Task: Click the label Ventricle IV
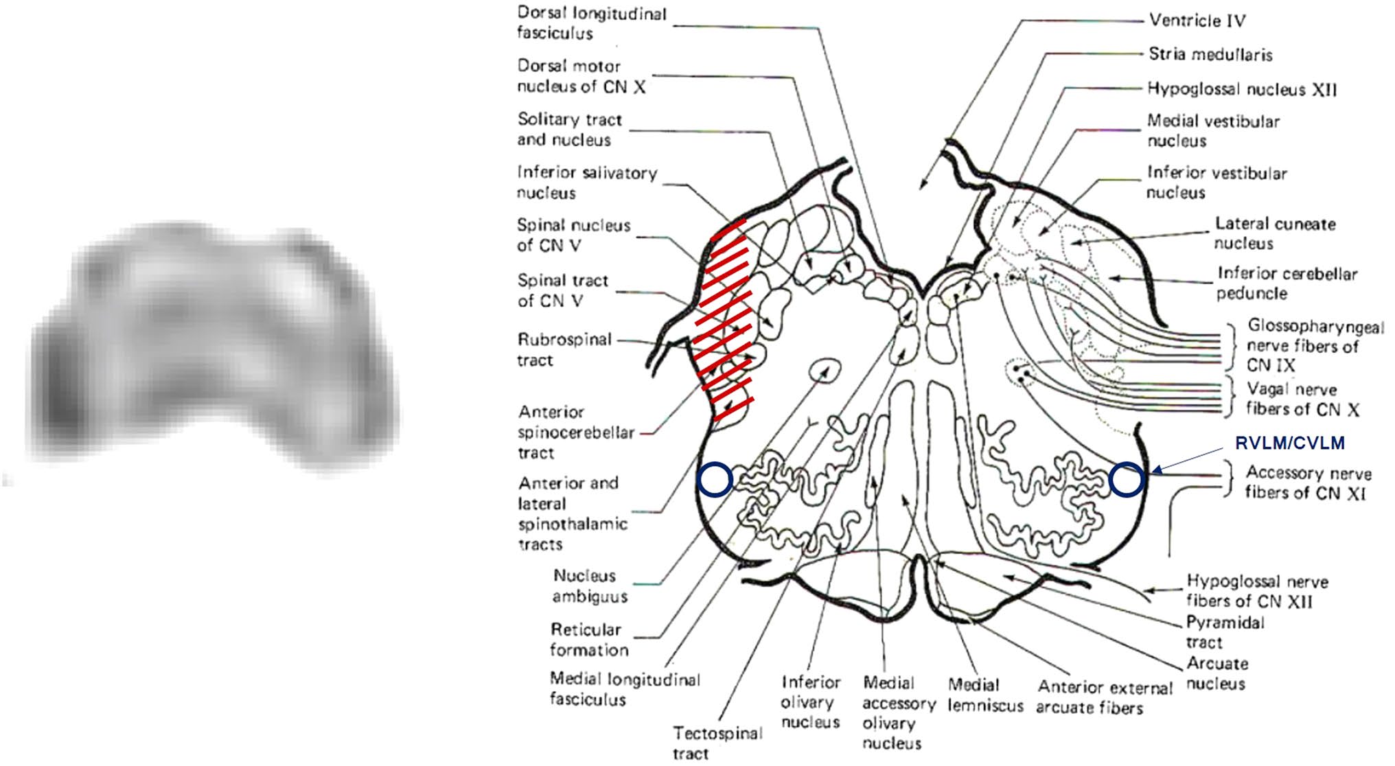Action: click(x=1197, y=21)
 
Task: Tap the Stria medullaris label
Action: click(x=1210, y=55)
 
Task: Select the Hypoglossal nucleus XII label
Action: click(x=1242, y=89)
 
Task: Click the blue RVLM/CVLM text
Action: click(x=1289, y=443)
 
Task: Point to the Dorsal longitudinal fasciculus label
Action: click(x=591, y=23)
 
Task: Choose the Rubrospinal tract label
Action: click(x=564, y=349)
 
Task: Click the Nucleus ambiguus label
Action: click(x=590, y=585)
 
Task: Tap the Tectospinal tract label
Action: click(x=717, y=743)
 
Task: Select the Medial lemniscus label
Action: click(x=985, y=694)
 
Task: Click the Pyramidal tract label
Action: click(x=1225, y=631)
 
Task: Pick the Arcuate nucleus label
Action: click(x=1217, y=673)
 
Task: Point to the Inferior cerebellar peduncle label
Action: click(x=1287, y=283)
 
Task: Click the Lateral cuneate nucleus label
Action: click(x=1275, y=233)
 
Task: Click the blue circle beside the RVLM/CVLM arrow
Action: click(x=1126, y=479)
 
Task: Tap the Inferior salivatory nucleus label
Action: click(x=587, y=183)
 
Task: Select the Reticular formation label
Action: click(x=588, y=639)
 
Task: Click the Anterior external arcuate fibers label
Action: click(x=1105, y=697)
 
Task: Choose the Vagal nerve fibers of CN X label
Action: click(x=1302, y=399)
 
